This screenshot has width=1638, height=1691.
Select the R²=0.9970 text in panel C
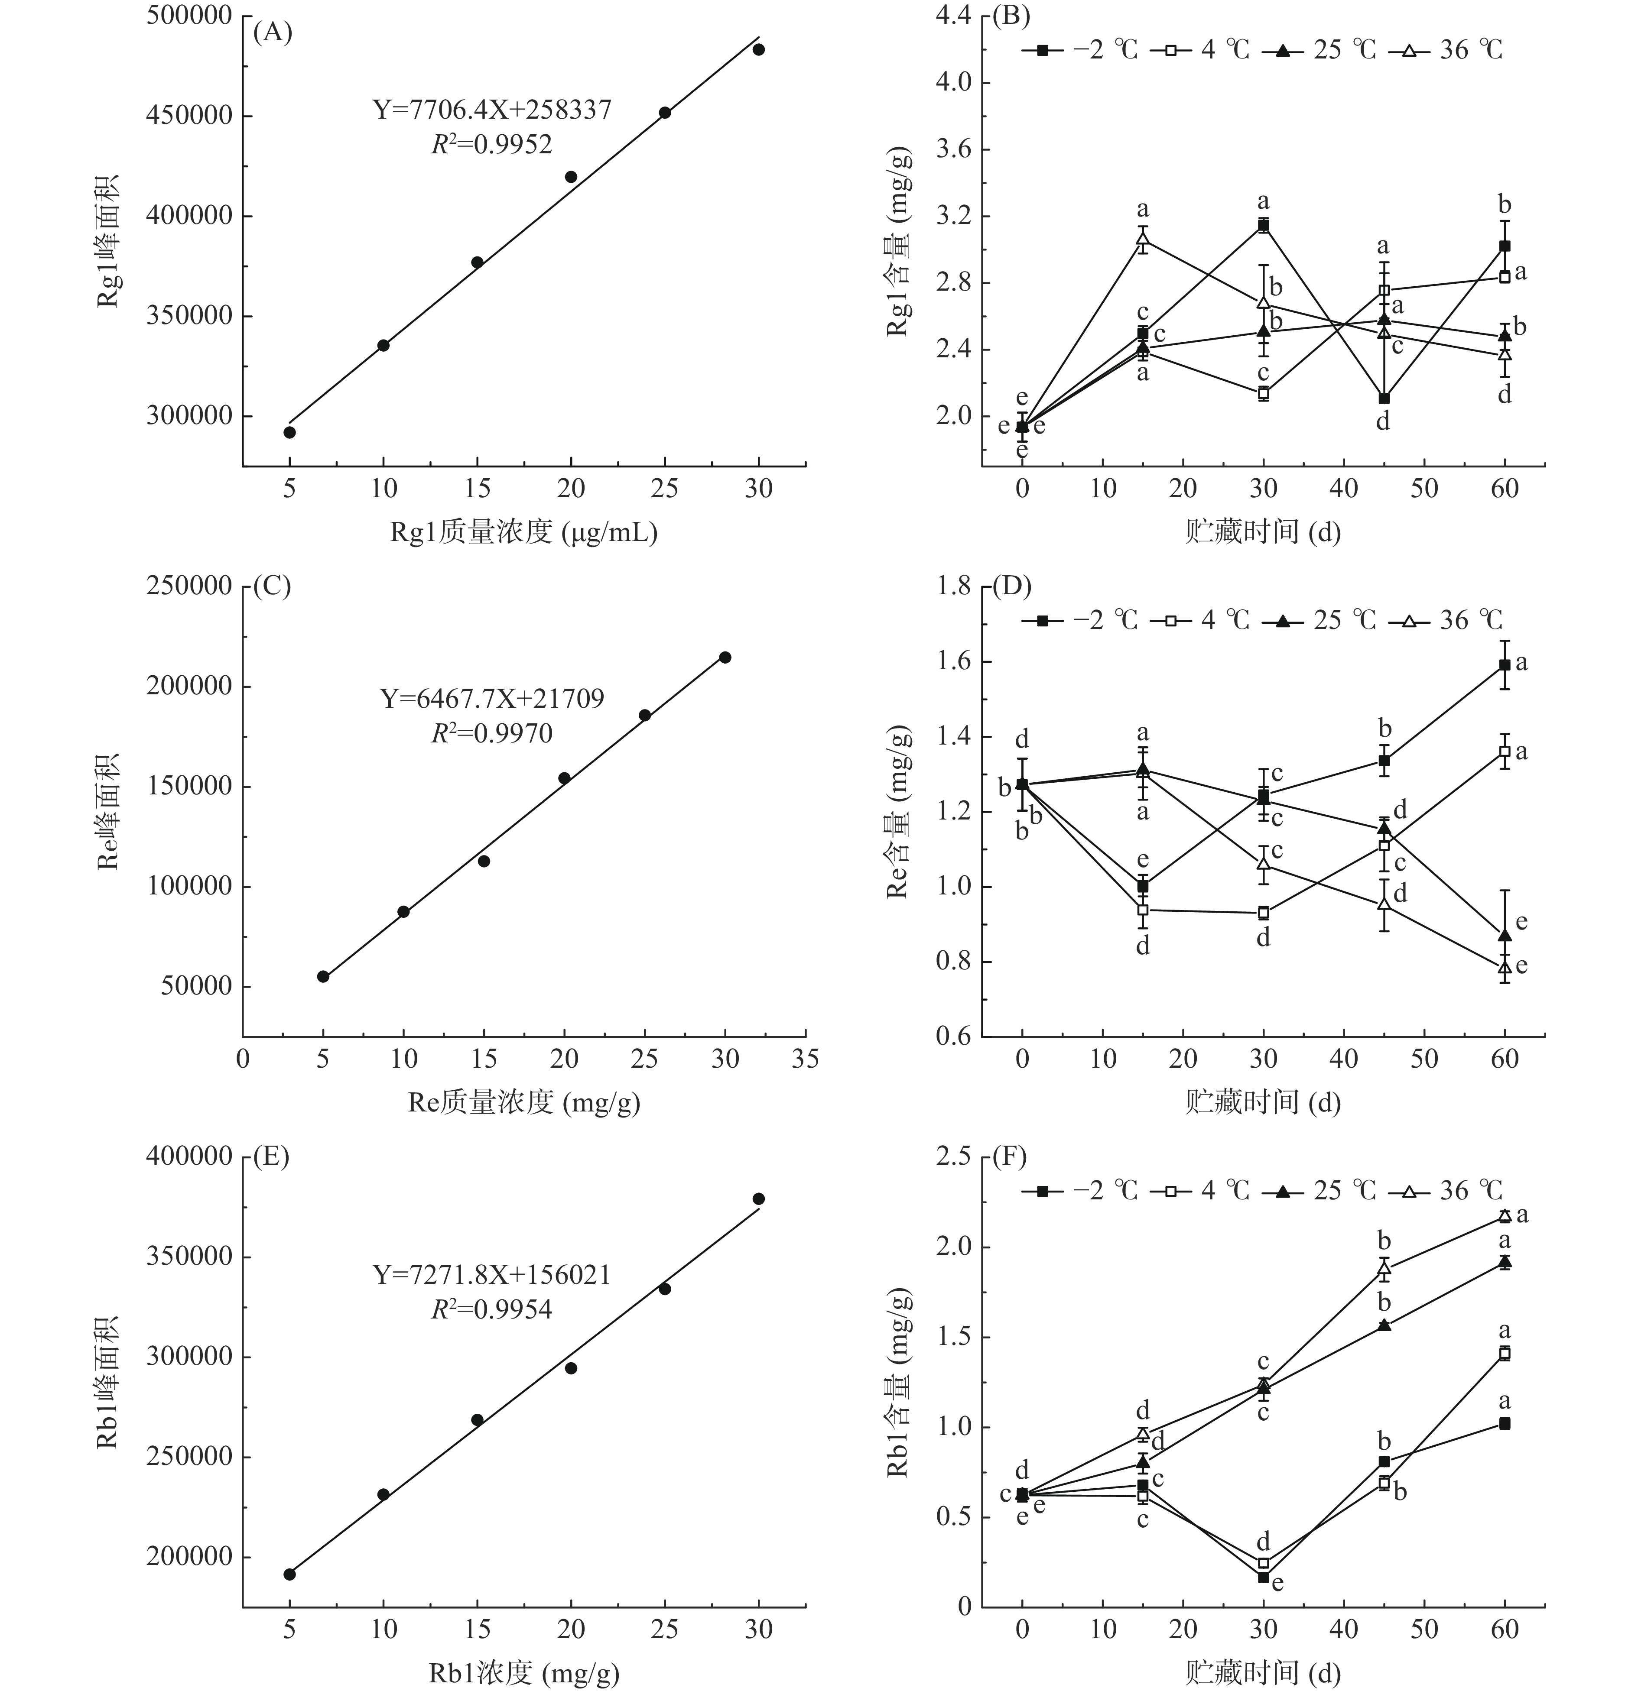point(492,733)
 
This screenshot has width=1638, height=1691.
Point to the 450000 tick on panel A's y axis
point(190,116)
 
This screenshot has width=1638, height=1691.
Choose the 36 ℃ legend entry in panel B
point(1447,50)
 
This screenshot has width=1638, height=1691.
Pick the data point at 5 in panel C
point(323,976)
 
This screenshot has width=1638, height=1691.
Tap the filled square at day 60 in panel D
point(1504,664)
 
